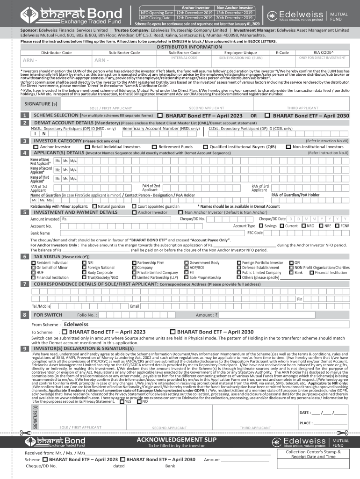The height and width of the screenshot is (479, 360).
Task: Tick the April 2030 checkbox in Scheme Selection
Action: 267,115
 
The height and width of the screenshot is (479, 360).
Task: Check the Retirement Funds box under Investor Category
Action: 155,146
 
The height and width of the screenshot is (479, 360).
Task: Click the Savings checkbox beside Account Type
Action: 261,226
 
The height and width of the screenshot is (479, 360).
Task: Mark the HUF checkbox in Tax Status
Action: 33,272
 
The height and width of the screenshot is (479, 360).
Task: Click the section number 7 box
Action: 23,284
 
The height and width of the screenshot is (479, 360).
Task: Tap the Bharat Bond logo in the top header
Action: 70,15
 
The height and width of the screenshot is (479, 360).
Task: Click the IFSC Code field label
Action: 255,232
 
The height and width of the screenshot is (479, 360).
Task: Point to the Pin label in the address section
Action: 300,299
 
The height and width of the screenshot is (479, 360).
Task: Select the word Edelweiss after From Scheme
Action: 76,324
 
